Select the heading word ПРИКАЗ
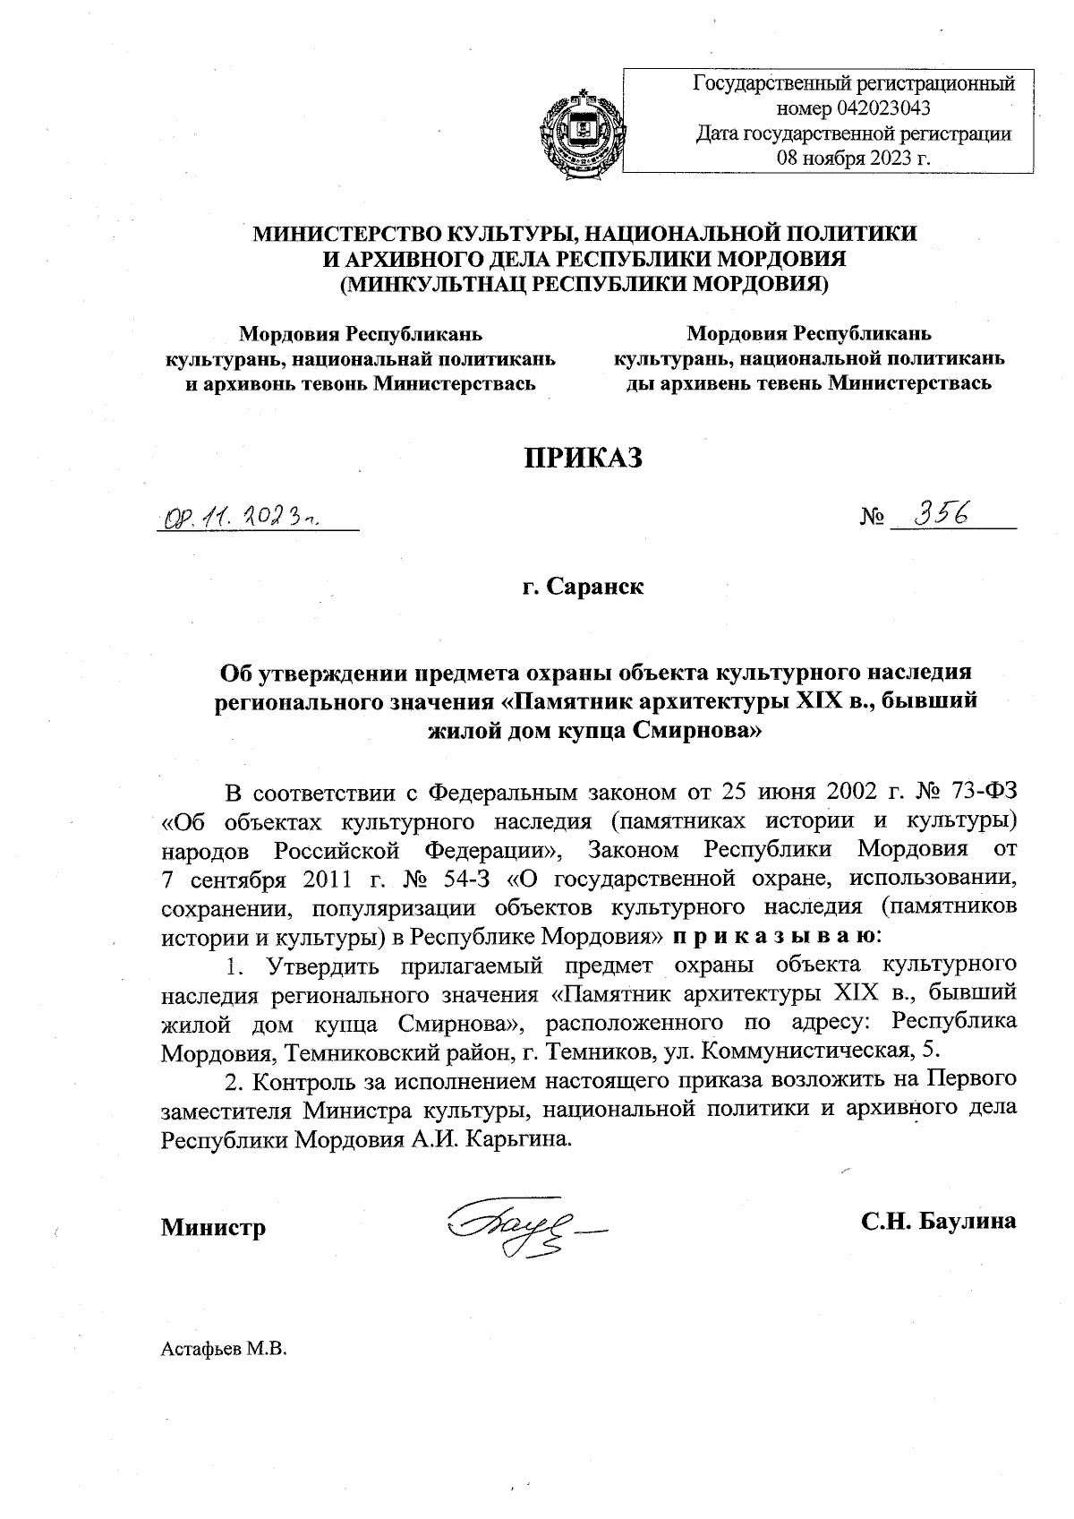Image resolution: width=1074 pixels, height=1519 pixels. (584, 458)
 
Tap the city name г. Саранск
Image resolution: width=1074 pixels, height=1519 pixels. (584, 588)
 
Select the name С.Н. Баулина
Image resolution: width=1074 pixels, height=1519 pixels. (938, 1222)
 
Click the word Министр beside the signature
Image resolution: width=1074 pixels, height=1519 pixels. (213, 1227)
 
